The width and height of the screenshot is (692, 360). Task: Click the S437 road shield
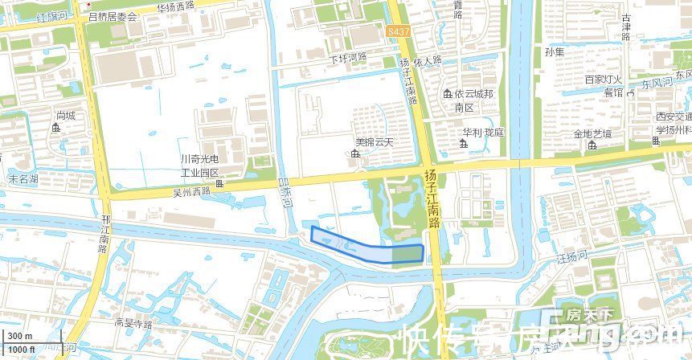tap(395, 30)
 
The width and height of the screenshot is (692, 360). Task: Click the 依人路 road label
tap(428, 60)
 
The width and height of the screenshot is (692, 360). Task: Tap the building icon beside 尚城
tap(56, 128)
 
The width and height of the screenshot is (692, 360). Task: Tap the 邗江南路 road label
tap(104, 234)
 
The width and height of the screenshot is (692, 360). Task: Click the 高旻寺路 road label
tap(133, 324)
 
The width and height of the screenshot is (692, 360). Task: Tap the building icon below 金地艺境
tap(592, 146)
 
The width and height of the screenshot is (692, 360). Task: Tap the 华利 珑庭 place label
tap(483, 132)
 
